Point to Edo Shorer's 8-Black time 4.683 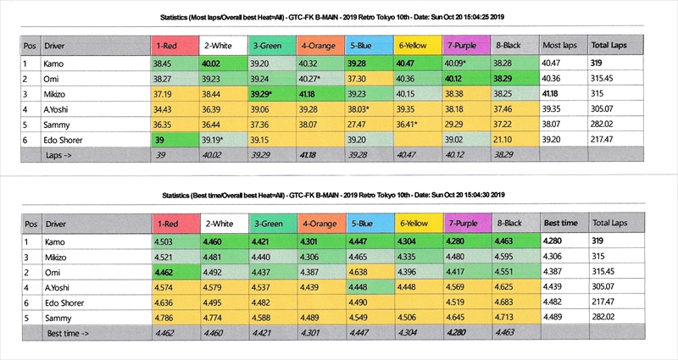coord(507,302)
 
